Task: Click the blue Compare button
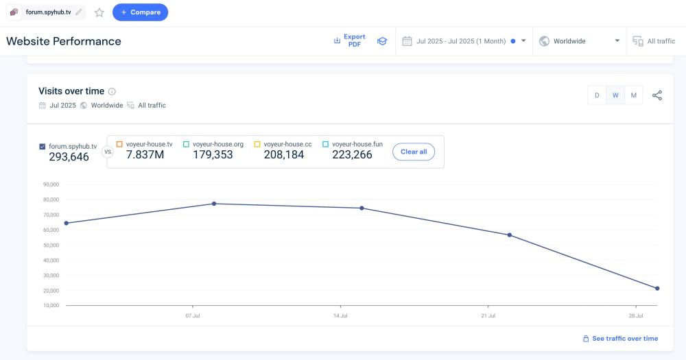tap(140, 12)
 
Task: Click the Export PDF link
tap(354, 41)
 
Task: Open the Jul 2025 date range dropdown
tap(464, 41)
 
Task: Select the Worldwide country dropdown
tap(579, 41)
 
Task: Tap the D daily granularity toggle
tap(597, 95)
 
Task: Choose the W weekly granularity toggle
tap(615, 95)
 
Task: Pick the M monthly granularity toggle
tap(634, 95)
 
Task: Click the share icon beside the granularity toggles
tap(657, 95)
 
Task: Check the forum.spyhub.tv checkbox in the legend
tap(43, 146)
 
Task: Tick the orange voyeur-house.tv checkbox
tap(119, 144)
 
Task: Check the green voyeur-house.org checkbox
tap(186, 144)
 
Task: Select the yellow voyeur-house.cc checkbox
tap(257, 144)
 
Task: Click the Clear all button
tap(414, 152)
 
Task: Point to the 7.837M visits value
tap(145, 155)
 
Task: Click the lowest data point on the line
tap(657, 288)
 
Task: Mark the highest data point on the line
tap(214, 204)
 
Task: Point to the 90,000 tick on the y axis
tap(51, 184)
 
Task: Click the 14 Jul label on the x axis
tap(340, 316)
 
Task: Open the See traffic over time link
tap(624, 338)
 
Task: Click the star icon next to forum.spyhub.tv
tap(99, 12)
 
